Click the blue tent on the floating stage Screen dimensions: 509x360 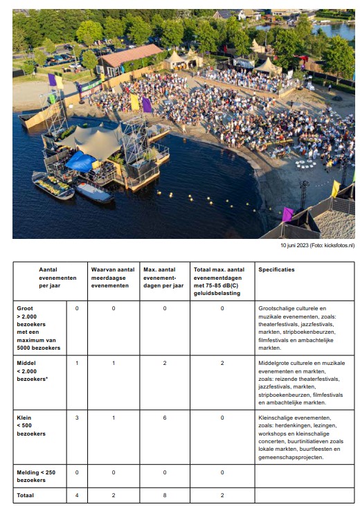[80, 162]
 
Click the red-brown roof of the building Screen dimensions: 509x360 [131, 54]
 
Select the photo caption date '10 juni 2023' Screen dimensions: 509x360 [295, 245]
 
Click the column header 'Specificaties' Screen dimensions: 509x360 [278, 270]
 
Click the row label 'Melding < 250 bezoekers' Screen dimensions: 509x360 [37, 475]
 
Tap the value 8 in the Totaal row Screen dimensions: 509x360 [165, 495]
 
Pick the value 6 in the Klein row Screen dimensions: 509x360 [165, 418]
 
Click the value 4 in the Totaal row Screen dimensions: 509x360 [76, 495]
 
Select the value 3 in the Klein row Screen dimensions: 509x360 [76, 418]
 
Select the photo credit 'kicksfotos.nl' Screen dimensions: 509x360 [339, 245]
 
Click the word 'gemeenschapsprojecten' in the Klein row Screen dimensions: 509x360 [291, 458]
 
